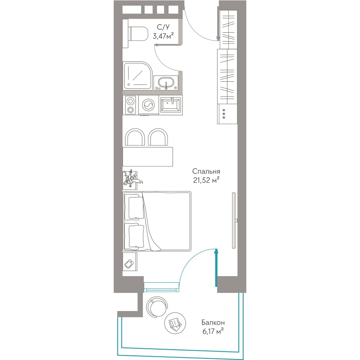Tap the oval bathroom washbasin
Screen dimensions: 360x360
click(x=166, y=83)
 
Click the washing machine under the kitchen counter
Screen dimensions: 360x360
click(x=149, y=105)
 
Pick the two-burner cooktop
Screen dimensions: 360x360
click(x=130, y=105)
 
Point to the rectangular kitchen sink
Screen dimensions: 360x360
click(x=171, y=105)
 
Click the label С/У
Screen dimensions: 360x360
click(x=163, y=27)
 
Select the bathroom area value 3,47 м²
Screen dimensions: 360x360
click(x=163, y=36)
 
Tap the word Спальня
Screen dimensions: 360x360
click(x=206, y=171)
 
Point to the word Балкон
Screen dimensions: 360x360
click(x=213, y=323)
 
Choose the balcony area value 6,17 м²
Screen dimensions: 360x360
click(x=213, y=331)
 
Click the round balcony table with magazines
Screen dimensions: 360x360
click(x=175, y=323)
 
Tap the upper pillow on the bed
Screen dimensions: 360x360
click(x=136, y=208)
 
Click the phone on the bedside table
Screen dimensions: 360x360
click(x=129, y=264)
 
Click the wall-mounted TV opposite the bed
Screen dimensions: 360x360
click(x=234, y=220)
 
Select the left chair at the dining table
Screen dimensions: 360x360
click(x=135, y=137)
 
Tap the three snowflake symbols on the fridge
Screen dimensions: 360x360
click(x=224, y=114)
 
